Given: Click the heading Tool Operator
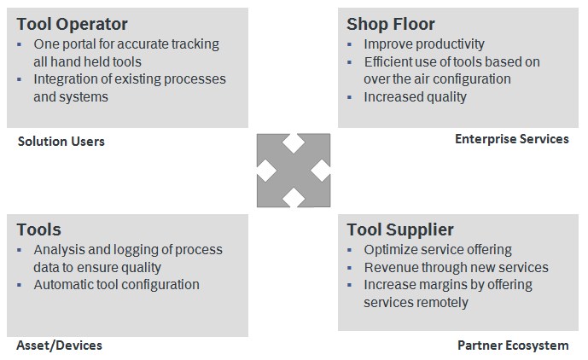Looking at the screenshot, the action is (x=72, y=25).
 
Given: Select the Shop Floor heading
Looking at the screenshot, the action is (x=390, y=24).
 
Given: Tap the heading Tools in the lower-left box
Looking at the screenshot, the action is (x=38, y=229).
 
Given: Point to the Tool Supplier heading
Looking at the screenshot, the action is (x=400, y=230).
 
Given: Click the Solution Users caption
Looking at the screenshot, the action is (x=61, y=142).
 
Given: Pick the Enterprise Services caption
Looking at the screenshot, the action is (x=512, y=139).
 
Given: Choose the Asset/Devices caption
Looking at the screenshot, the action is (x=59, y=345).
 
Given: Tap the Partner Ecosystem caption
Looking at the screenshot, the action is (x=513, y=345).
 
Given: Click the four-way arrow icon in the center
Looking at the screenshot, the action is (x=294, y=171).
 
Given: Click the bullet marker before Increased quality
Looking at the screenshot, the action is (x=350, y=97).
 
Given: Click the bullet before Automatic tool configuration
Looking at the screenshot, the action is (x=19, y=285).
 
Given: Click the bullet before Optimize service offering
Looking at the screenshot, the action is (x=350, y=250).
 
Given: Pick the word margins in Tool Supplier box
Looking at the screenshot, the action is (x=440, y=286).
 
